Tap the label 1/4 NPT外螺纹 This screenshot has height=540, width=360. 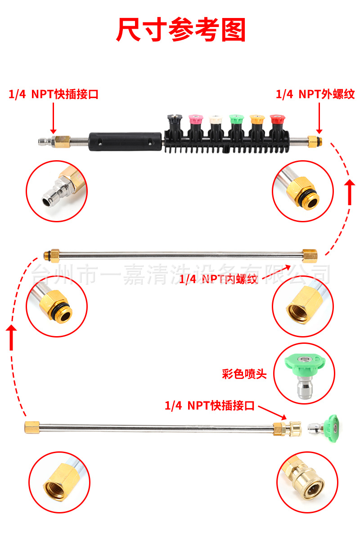315,94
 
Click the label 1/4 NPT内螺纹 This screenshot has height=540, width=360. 218,279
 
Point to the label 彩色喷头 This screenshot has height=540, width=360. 244,374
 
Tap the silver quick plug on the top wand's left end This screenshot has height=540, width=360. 45,142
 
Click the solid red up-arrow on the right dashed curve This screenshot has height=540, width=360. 350,191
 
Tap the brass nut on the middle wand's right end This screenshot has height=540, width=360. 309,255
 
